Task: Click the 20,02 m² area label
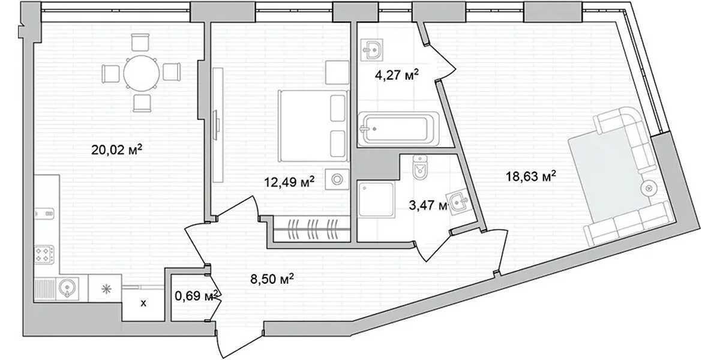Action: pos(116,149)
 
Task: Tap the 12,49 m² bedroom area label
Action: pos(289,182)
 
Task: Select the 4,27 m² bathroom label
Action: pos(397,75)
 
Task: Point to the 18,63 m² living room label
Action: pos(531,176)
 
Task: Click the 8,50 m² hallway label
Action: pos(272,278)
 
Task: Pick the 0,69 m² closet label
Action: pos(197,295)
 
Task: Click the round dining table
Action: pos(142,73)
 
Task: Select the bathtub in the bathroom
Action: pos(398,129)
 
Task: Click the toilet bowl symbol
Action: pos(419,167)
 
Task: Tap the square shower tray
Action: pos(376,200)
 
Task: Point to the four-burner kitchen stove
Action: pos(44,254)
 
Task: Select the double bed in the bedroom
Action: pos(313,126)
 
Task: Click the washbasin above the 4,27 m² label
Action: pos(372,50)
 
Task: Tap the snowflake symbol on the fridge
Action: pos(106,289)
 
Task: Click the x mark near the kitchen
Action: pos(143,303)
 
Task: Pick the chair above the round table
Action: pos(140,42)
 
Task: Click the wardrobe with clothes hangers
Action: pos(311,229)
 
